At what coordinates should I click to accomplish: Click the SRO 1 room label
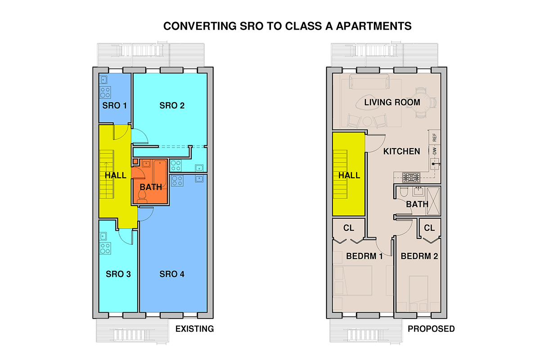tap(115, 106)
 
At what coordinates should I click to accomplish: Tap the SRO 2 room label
tap(172, 106)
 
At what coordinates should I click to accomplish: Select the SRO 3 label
tap(118, 274)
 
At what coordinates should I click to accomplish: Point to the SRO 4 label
tap(172, 274)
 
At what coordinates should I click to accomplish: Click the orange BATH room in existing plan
tap(150, 187)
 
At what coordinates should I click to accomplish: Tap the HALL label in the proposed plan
tap(349, 175)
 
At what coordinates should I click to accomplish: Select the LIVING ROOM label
tap(392, 103)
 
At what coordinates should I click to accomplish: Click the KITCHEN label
tap(401, 152)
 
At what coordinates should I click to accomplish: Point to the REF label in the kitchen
tap(434, 137)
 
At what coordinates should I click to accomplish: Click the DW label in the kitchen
tap(434, 152)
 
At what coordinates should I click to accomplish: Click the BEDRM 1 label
tap(364, 256)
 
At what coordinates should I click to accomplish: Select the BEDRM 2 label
tap(419, 256)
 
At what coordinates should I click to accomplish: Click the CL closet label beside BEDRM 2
tap(429, 228)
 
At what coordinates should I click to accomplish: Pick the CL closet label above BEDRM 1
tap(349, 228)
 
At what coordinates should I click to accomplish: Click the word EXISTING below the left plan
tap(194, 329)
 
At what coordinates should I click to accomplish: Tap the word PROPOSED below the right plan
tap(431, 329)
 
